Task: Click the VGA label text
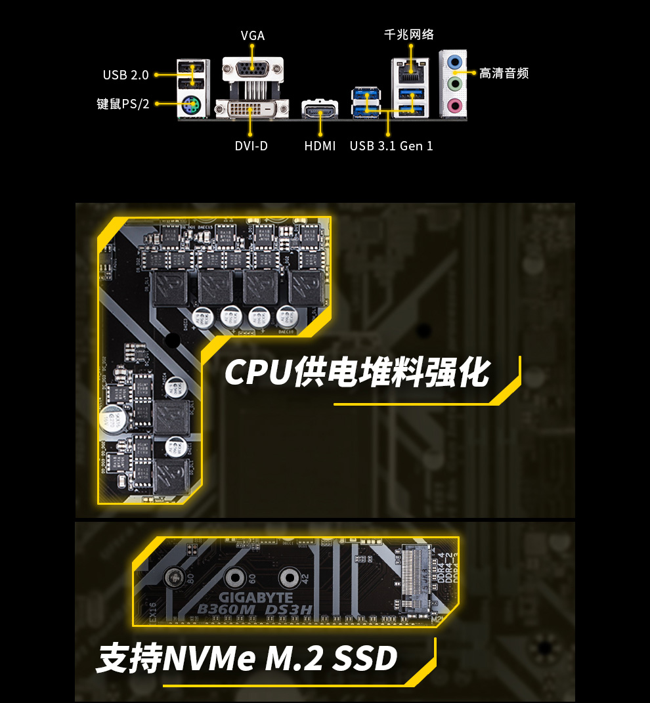point(253,35)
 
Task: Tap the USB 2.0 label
point(125,75)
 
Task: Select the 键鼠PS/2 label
point(123,104)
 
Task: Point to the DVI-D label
point(251,146)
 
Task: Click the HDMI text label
point(320,146)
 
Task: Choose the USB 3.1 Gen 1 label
point(391,146)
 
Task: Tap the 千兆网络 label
point(409,34)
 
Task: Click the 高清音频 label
point(504,74)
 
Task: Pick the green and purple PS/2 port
point(192,103)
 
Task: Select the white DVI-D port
point(251,108)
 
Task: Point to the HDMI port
point(320,110)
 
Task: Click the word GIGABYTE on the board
point(255,598)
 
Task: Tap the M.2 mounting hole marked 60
point(234,578)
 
